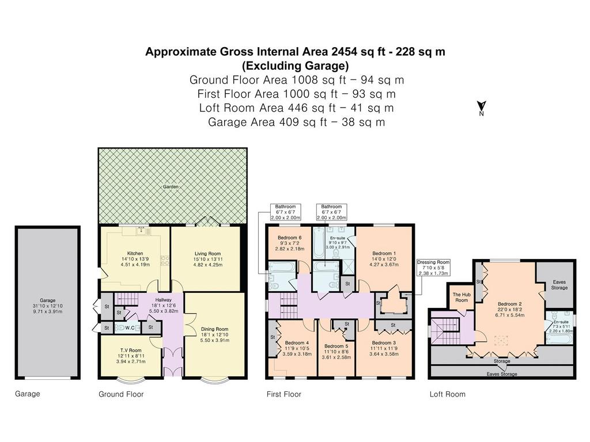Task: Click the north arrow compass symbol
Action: [481, 108]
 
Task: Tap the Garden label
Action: [171, 187]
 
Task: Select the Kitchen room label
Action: [135, 253]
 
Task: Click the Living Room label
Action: [207, 253]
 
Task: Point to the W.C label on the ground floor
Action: [130, 327]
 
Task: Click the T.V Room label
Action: [131, 350]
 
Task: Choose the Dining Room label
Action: [214, 329]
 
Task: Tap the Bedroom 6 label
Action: [289, 238]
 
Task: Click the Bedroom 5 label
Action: [336, 346]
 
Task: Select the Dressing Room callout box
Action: [433, 268]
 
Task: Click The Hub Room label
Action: [462, 298]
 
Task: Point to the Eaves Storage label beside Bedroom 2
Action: [559, 284]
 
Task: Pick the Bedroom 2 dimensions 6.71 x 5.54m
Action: [509, 315]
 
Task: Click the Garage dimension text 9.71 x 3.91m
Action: [47, 311]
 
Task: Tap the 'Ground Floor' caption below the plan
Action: [121, 394]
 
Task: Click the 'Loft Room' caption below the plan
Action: [447, 394]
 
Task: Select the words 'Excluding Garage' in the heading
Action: [296, 66]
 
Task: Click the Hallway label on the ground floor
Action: [163, 300]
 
